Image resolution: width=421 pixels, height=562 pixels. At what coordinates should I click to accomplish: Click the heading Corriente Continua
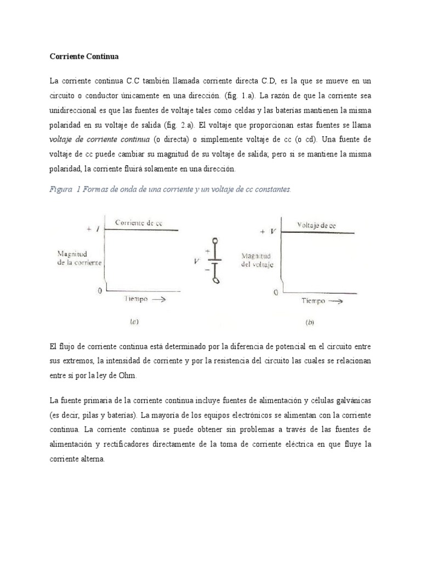coord(83,57)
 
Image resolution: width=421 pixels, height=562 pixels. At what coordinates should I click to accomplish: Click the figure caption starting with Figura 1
coord(170,189)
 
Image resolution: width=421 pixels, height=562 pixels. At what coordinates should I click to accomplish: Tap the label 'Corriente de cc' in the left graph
coord(139,223)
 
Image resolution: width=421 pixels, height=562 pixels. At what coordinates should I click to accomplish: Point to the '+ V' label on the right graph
coord(267,232)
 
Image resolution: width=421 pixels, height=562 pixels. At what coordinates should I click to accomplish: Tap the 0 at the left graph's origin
coord(100,291)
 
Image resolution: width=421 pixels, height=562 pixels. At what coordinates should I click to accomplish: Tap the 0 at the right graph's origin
coord(275,293)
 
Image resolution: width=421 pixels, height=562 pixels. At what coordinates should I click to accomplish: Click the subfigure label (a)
coord(133,323)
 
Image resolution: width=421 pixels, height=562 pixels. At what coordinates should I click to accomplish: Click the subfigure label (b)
coord(310,323)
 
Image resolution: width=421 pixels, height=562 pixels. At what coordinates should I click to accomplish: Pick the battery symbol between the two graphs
coord(215,253)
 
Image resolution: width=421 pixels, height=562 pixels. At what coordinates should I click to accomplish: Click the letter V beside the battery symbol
coord(196,261)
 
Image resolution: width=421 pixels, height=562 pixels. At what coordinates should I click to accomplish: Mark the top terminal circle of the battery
coord(215,226)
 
